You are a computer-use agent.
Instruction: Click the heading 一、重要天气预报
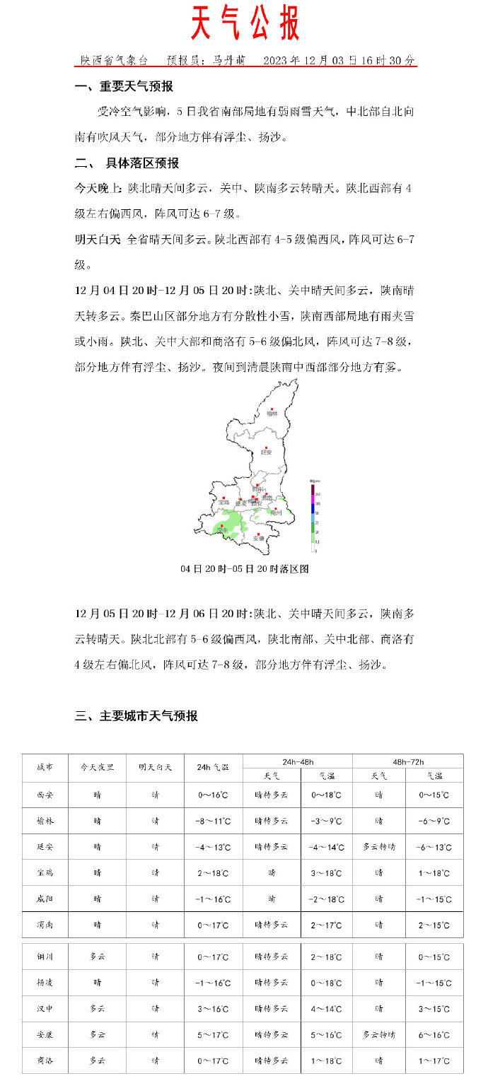(x=124, y=87)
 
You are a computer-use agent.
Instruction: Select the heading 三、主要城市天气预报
(x=136, y=716)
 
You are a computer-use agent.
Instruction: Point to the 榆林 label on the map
(x=272, y=414)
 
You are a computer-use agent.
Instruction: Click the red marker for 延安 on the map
(x=266, y=448)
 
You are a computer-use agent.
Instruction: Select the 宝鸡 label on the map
(x=223, y=502)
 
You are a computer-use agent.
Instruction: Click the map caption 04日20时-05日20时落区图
(x=245, y=568)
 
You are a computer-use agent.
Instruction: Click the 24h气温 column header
(x=212, y=768)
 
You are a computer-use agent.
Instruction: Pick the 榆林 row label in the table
(x=45, y=821)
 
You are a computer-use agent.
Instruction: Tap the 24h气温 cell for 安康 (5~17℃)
(x=212, y=1035)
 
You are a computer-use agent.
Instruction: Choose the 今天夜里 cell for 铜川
(x=97, y=957)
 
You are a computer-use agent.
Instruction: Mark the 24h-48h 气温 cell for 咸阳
(x=326, y=900)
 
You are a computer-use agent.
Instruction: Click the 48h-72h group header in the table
(x=407, y=761)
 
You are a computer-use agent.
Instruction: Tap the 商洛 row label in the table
(x=45, y=1061)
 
